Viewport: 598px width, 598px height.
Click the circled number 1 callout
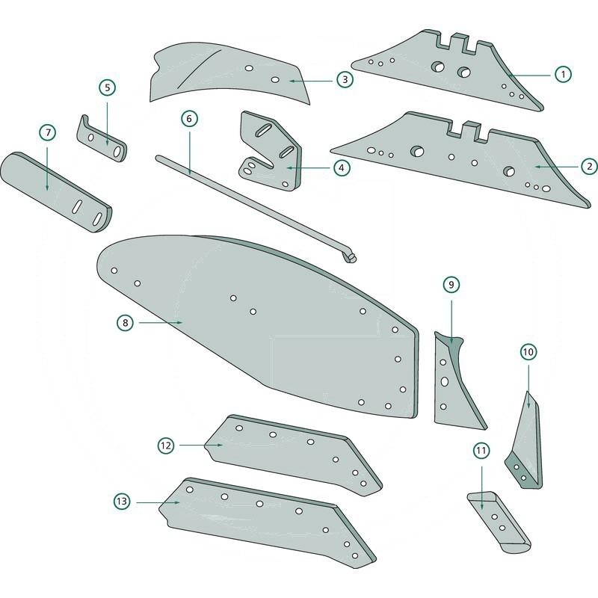click(x=562, y=74)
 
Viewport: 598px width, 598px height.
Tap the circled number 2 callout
click(x=588, y=165)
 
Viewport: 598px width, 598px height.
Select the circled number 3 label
click(x=345, y=79)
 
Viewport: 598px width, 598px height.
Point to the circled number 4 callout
click(x=341, y=168)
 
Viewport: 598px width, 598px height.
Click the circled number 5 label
click(x=108, y=87)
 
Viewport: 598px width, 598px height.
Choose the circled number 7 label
click(x=48, y=132)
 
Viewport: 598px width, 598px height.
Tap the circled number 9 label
click(x=451, y=285)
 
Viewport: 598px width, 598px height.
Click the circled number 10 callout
click(x=528, y=351)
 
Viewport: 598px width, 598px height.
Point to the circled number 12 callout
click(x=166, y=445)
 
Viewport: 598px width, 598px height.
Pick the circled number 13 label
click(x=122, y=502)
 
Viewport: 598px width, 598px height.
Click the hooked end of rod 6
click(x=350, y=257)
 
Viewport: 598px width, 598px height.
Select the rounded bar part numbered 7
click(x=56, y=191)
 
